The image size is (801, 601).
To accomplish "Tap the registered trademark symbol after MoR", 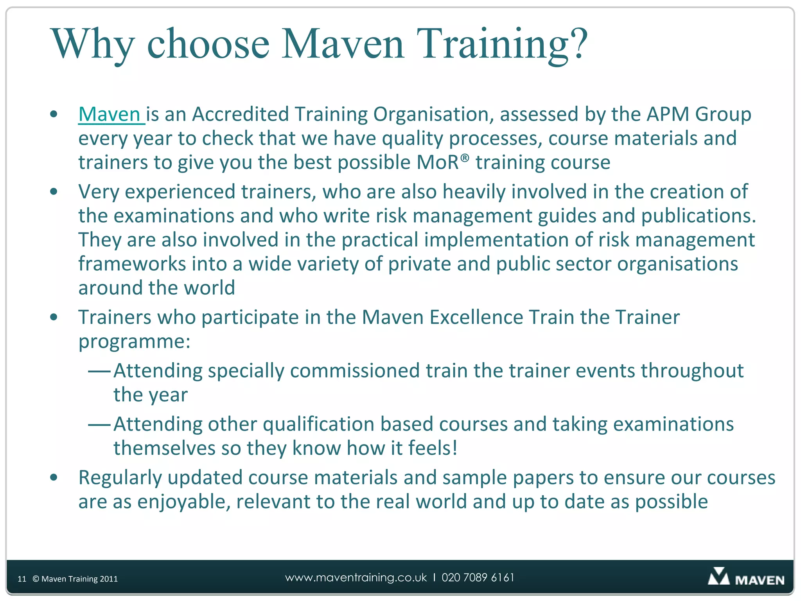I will [464, 157].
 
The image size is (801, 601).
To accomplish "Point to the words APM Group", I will [699, 115].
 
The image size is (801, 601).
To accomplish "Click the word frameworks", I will [132, 264].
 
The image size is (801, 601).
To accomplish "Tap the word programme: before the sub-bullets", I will [134, 342].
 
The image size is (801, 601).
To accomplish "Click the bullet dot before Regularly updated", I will [54, 477].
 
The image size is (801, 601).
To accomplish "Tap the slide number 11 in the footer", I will [22, 579].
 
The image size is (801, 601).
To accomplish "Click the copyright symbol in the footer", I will [36, 579].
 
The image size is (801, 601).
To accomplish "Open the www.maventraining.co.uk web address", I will [356, 578].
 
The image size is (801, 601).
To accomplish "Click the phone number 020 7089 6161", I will [478, 578].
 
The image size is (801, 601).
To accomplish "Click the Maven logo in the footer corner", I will [745, 578].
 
